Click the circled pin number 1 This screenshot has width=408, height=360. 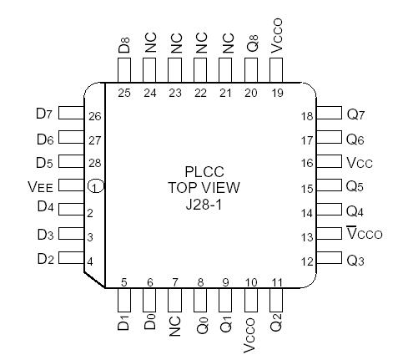[x=97, y=187]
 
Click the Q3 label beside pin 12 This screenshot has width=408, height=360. [x=357, y=261]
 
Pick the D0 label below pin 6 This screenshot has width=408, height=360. [x=150, y=322]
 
